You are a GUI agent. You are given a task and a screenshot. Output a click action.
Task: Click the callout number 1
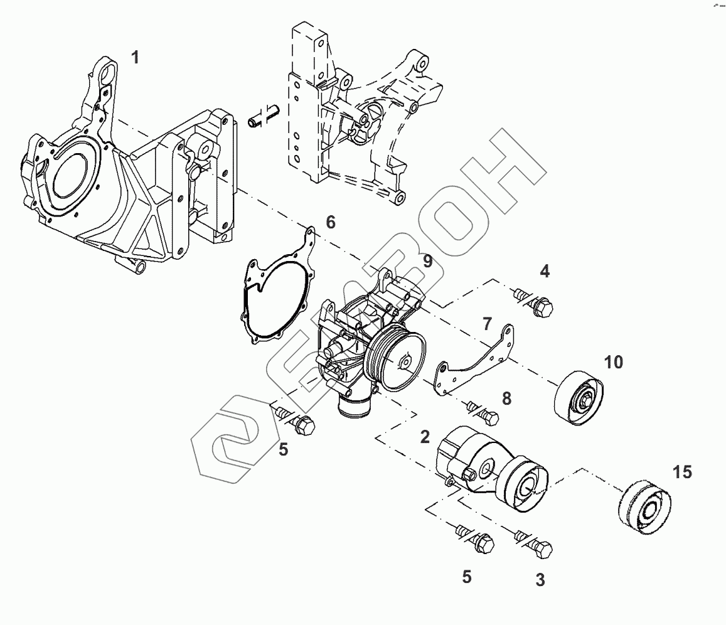pyautogui.click(x=135, y=58)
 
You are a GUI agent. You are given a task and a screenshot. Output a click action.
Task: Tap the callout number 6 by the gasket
pyautogui.click(x=331, y=222)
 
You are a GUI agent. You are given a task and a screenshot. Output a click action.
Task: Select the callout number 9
pyautogui.click(x=427, y=261)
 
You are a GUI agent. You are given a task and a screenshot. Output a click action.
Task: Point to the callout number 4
pyautogui.click(x=545, y=271)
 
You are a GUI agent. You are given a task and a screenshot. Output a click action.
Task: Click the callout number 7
pyautogui.click(x=487, y=324)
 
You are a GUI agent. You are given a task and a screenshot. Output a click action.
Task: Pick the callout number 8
pyautogui.click(x=506, y=397)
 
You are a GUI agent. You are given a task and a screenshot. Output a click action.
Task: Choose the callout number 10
pyautogui.click(x=614, y=362)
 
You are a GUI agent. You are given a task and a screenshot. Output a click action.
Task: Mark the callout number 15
pyautogui.click(x=682, y=472)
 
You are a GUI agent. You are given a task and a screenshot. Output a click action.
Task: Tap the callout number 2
pyautogui.click(x=425, y=437)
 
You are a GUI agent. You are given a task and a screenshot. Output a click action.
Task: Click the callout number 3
pyautogui.click(x=540, y=580)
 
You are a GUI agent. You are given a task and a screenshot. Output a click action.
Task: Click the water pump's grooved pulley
pyautogui.click(x=396, y=359)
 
